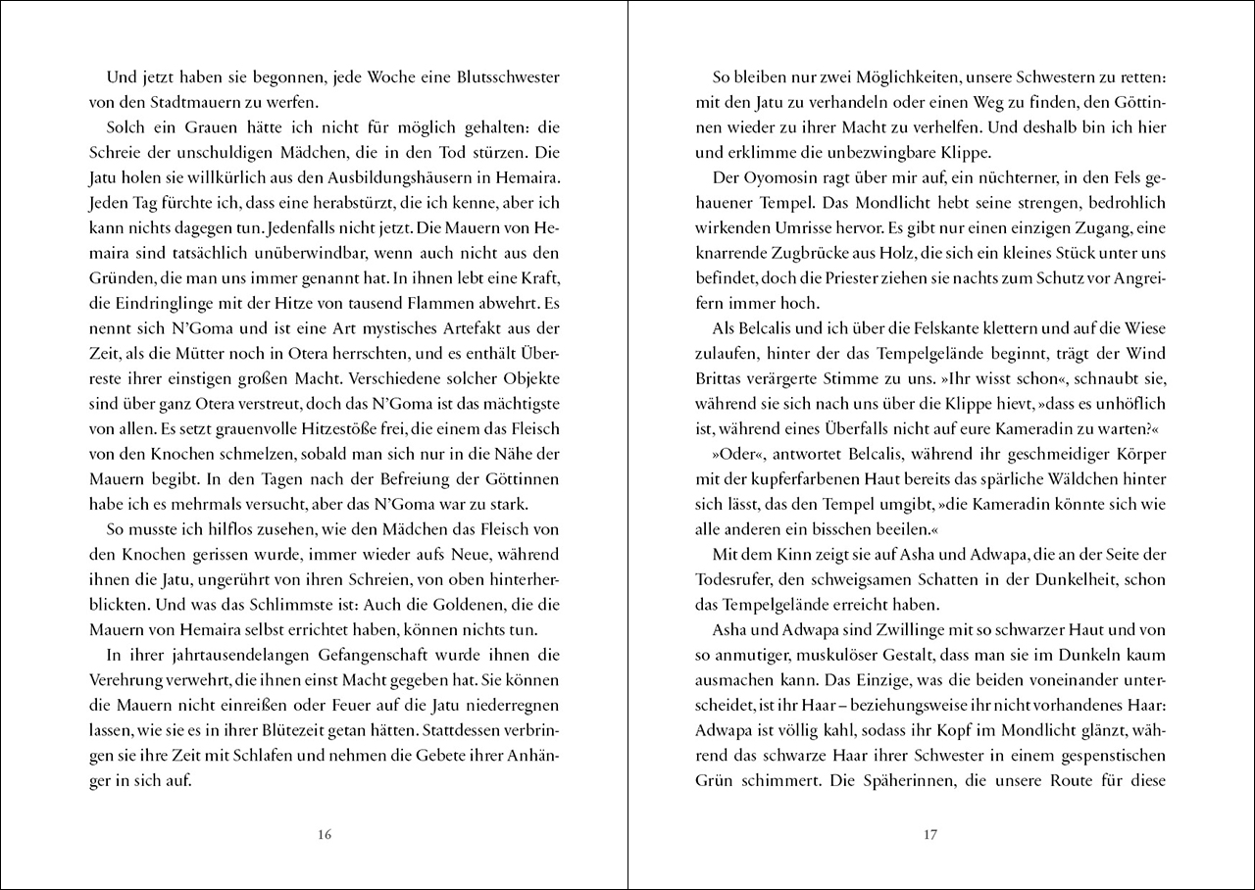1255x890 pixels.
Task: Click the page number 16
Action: (326, 835)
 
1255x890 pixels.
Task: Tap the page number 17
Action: (930, 835)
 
